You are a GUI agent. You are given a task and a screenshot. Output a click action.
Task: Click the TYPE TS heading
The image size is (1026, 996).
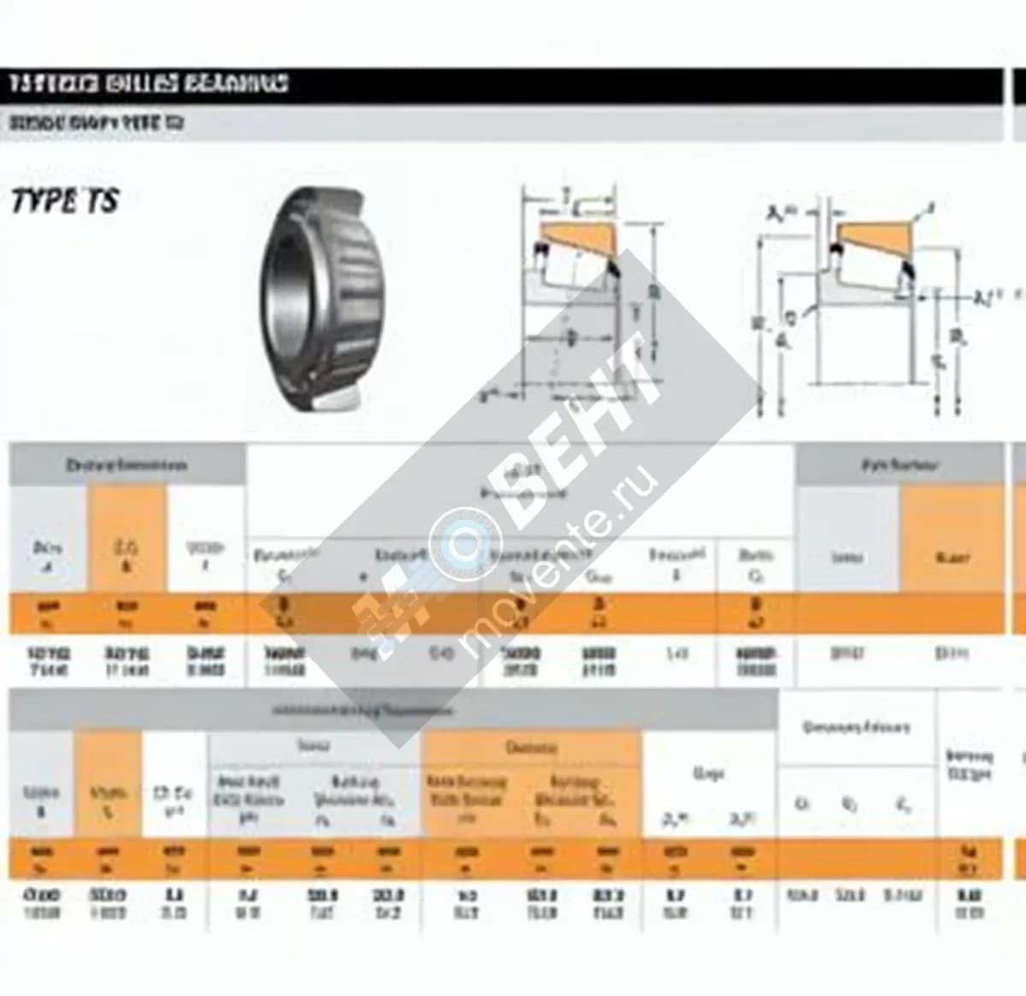[x=65, y=202]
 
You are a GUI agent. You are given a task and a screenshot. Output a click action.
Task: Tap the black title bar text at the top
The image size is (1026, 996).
[x=149, y=84]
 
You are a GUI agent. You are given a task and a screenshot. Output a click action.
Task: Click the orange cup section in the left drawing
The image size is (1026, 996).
[x=577, y=237]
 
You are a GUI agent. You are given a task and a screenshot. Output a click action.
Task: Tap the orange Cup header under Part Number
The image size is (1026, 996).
[x=951, y=557]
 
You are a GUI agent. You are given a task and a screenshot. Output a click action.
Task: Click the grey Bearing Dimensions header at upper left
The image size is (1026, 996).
[x=127, y=465]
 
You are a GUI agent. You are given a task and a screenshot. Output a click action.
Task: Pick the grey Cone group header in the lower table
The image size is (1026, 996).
[x=314, y=746]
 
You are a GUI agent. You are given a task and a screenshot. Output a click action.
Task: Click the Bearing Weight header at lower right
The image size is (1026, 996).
[x=970, y=763]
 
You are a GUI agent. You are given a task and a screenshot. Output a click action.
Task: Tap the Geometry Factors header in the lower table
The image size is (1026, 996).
[x=855, y=728]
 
